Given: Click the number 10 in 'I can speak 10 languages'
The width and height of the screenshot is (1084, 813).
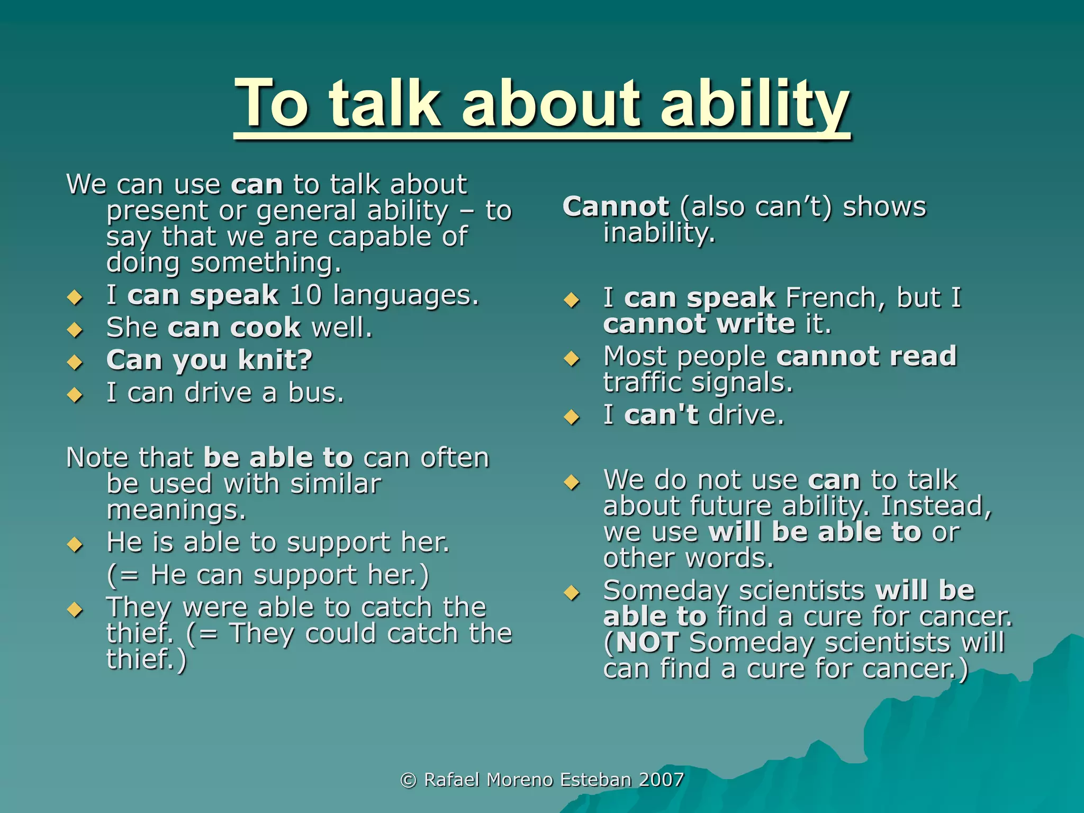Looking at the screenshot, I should click(305, 295).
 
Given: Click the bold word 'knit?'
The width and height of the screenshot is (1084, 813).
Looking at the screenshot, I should click(275, 360).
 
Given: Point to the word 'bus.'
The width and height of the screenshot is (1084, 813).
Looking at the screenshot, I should click(316, 393).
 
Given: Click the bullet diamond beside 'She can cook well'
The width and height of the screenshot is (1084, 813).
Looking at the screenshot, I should click(75, 330).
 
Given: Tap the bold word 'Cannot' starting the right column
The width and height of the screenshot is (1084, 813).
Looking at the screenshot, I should click(616, 206).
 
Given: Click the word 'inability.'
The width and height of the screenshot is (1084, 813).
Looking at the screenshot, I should click(659, 233).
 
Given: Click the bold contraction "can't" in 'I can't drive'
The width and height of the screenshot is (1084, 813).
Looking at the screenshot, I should click(661, 414).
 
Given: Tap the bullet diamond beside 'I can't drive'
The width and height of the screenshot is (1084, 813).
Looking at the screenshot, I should click(572, 418).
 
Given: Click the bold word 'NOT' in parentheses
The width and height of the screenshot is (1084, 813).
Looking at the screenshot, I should click(647, 643).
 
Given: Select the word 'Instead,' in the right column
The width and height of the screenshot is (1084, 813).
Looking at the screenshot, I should click(936, 505).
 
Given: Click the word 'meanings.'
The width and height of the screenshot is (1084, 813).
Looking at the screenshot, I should click(176, 510).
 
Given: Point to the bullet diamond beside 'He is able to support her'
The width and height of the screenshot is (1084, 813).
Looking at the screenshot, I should click(75, 545).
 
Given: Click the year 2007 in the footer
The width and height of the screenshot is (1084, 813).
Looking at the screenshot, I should click(661, 780).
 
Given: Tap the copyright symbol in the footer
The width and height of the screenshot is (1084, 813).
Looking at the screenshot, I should click(408, 780).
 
